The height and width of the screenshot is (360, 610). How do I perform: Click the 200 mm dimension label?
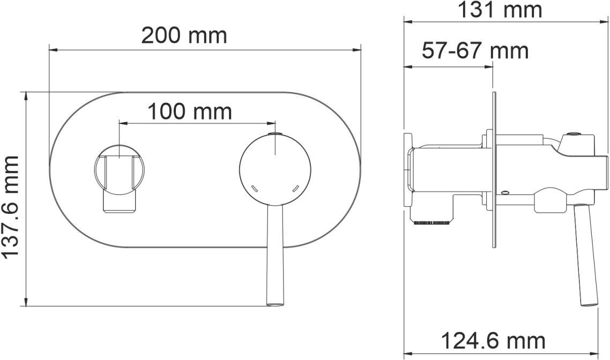click(x=184, y=36)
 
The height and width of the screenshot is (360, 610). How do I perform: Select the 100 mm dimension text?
click(x=189, y=111)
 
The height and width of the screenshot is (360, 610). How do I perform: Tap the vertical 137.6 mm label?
click(x=11, y=206)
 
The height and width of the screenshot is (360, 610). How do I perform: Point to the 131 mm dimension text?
click(x=500, y=10)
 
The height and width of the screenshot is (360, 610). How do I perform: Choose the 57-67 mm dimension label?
click(x=475, y=50)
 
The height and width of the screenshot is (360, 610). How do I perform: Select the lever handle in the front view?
click(x=276, y=254)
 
